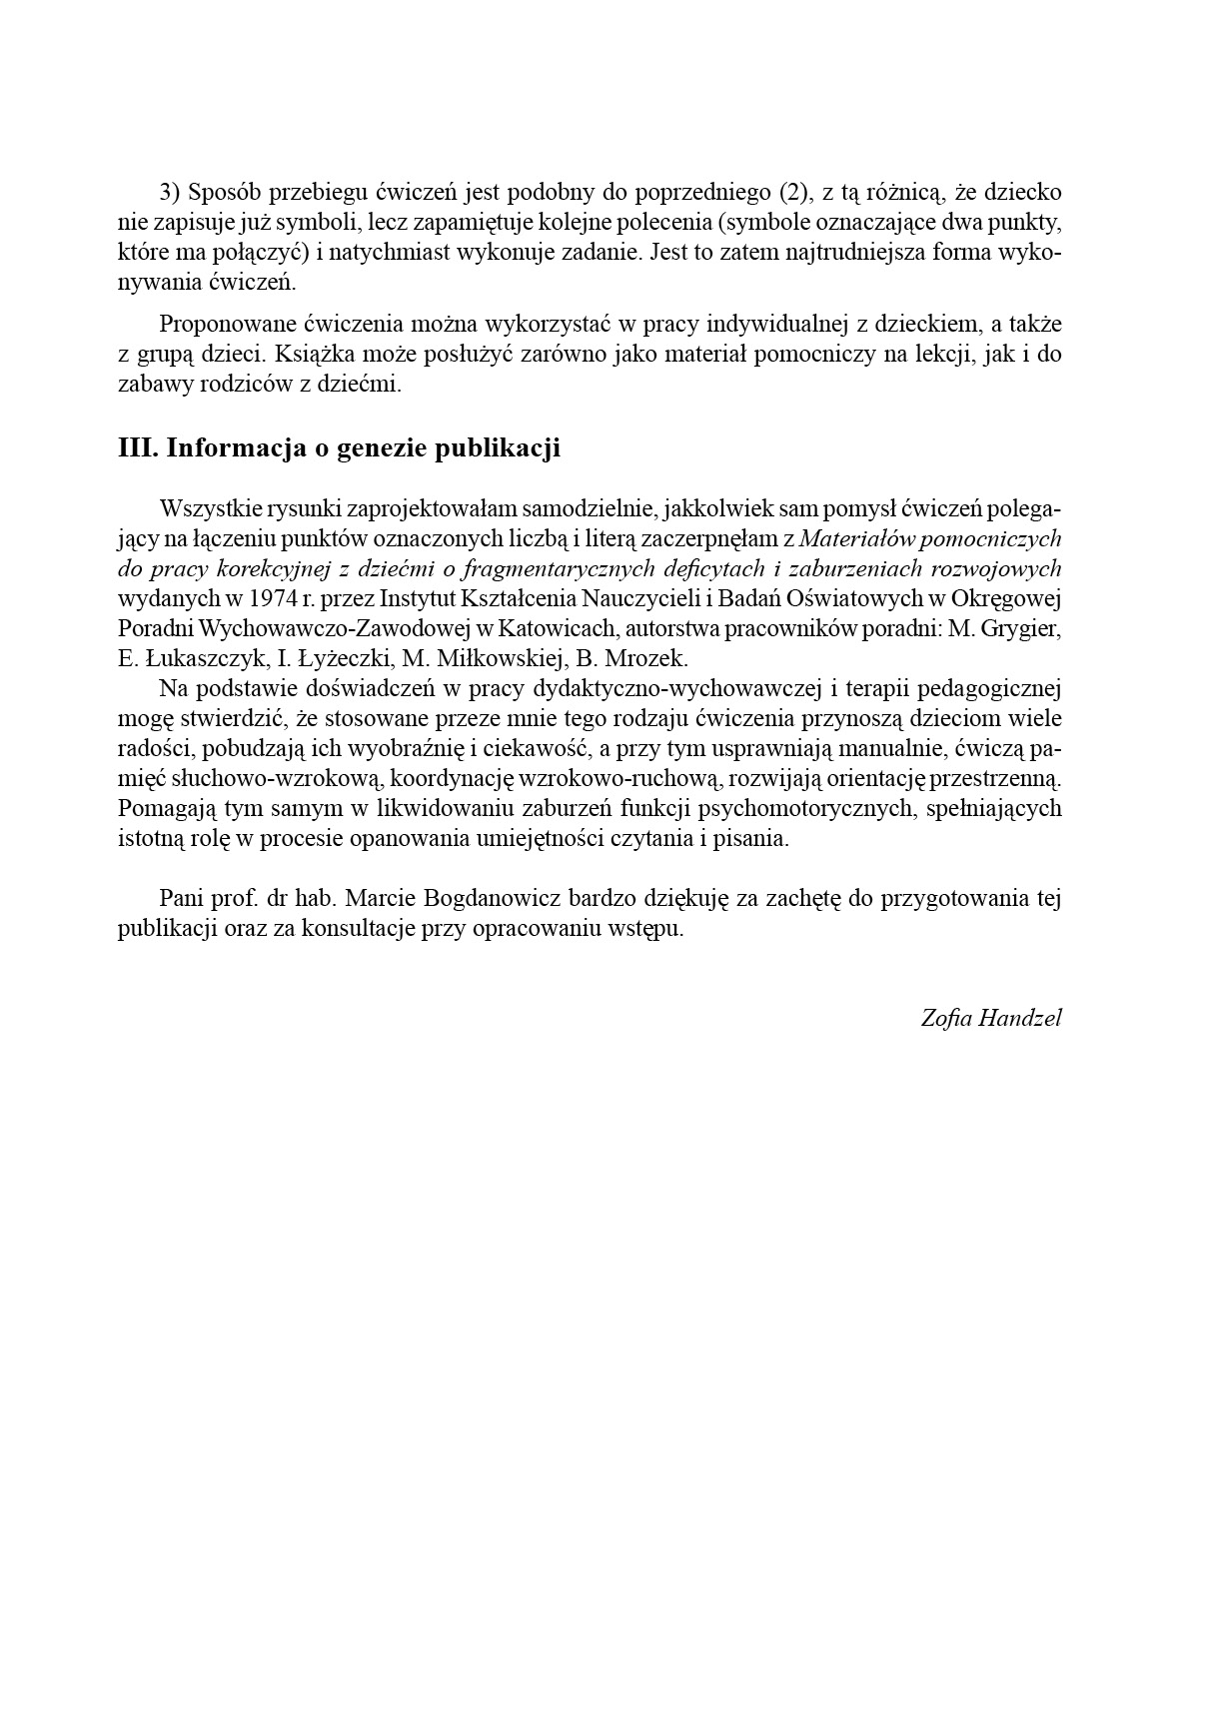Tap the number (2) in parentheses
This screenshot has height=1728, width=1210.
point(790,192)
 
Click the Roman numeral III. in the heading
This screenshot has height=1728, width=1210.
point(138,447)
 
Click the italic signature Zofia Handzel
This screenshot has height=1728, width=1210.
point(990,1018)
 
